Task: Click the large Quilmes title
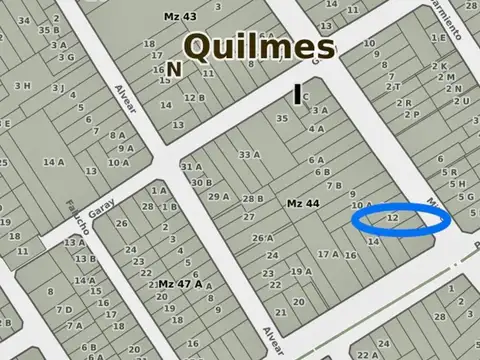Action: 259,46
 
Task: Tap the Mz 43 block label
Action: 180,17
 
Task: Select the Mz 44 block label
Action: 303,204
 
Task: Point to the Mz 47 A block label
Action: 180,284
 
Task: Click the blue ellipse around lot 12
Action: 401,220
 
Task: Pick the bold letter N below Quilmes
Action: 175,69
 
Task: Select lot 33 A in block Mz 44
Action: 250,155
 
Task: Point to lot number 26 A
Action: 262,238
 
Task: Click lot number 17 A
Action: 328,254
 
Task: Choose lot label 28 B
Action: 253,199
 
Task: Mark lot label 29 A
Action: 219,196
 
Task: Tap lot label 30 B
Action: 201,182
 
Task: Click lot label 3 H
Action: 22,85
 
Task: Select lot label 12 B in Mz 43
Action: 194,98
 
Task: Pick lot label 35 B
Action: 48,30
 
